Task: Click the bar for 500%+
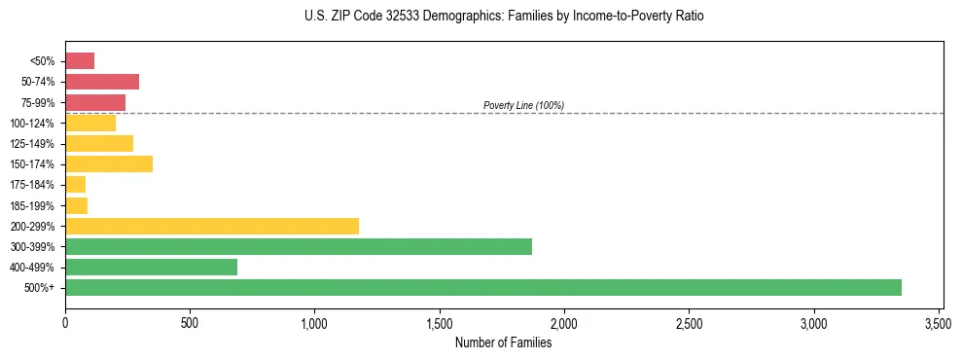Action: point(483,287)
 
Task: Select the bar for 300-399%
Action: point(299,246)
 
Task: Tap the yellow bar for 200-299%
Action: point(212,226)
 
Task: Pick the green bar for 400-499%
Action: point(151,267)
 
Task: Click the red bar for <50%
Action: point(80,61)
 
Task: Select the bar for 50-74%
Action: point(102,82)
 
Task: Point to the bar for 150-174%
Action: point(109,163)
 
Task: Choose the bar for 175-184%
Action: point(76,184)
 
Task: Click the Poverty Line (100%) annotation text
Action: point(523,105)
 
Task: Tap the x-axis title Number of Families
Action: point(503,342)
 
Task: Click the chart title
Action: point(504,17)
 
